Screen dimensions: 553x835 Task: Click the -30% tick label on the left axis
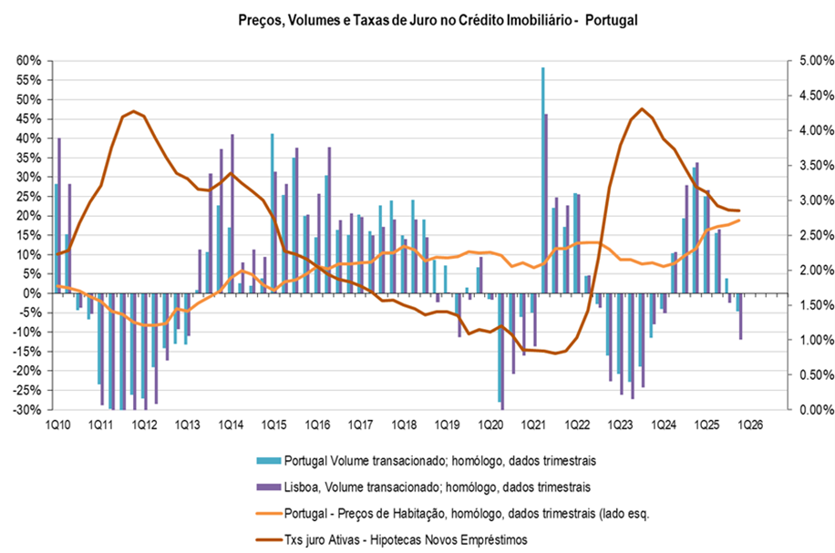[28, 410]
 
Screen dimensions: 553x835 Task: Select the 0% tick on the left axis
[34, 293]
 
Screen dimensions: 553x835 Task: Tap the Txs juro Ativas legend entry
[406, 539]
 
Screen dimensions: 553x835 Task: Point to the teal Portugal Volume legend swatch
[268, 457]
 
